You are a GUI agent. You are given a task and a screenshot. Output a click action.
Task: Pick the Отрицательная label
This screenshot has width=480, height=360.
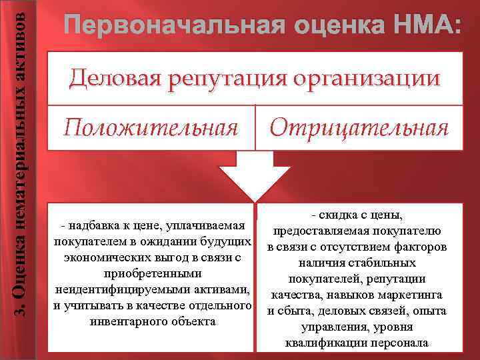359,127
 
